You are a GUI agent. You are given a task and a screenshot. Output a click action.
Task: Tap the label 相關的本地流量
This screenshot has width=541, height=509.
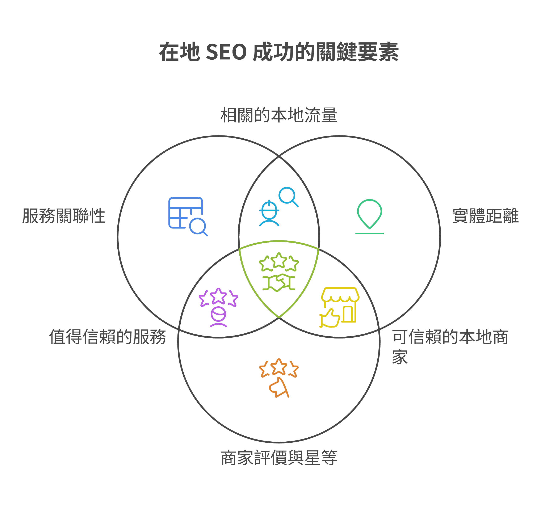click(279, 115)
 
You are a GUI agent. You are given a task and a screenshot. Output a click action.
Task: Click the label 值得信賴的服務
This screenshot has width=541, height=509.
click(108, 337)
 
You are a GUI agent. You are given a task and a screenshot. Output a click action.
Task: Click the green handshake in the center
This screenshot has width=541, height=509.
click(279, 283)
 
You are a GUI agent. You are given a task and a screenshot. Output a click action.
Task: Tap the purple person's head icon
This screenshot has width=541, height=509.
click(218, 315)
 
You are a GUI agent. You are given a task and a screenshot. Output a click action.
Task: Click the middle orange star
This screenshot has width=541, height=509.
click(279, 366)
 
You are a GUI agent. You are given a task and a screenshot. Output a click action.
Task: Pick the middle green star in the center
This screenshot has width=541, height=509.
click(279, 260)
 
